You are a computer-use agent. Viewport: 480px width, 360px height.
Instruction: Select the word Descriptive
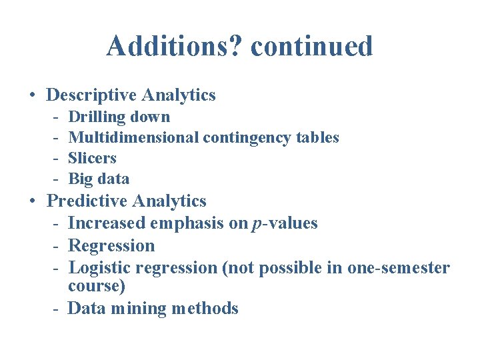90,95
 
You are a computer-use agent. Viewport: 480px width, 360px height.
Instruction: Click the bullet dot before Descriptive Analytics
33,95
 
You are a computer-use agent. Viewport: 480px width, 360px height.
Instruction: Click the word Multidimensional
133,138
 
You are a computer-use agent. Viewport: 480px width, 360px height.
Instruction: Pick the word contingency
244,138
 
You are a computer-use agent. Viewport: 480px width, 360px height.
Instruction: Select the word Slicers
92,159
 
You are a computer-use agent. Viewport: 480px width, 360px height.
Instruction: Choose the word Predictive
87,201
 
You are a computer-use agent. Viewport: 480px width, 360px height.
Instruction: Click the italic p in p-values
257,225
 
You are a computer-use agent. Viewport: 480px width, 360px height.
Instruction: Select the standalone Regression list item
111,246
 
